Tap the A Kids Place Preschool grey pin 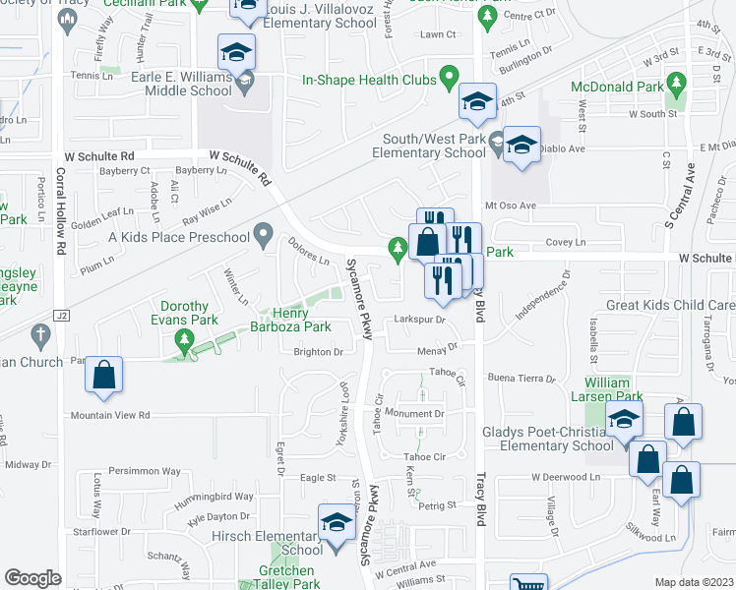263,235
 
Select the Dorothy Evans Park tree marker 182,340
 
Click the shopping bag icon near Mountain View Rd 104,376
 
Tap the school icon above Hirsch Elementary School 337,523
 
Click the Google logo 32,578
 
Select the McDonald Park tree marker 675,82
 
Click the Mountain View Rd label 109,416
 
